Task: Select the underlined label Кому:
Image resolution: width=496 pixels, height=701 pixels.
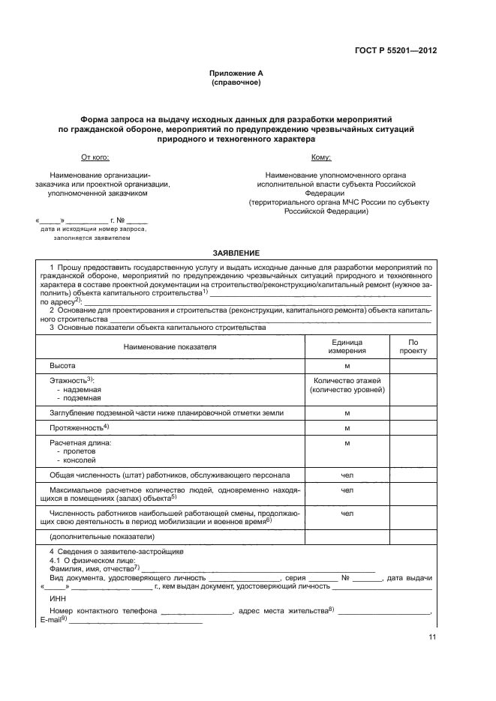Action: click(320, 157)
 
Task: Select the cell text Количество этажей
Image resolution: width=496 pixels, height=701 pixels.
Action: click(347, 381)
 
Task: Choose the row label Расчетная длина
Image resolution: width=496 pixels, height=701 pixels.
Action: click(80, 443)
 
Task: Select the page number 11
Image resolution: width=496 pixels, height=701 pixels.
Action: click(432, 637)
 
